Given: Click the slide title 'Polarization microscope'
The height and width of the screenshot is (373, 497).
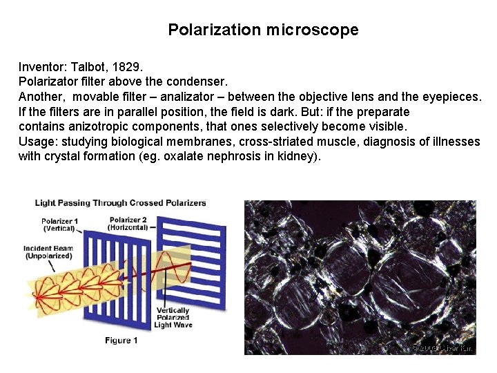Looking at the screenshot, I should [263, 30].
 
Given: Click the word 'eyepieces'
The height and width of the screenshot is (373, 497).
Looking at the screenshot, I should [449, 97].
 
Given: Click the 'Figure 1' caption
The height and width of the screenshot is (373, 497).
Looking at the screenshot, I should [121, 341].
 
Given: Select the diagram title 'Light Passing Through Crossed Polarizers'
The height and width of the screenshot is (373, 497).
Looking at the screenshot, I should [121, 203].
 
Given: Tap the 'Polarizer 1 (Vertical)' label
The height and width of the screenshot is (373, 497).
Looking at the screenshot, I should [59, 225].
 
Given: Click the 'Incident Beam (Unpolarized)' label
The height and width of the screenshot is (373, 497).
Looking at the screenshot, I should [48, 253].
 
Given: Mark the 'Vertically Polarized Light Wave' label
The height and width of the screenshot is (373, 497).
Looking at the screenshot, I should [173, 318].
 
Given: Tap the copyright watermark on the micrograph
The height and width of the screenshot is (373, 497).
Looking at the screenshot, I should [441, 347].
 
